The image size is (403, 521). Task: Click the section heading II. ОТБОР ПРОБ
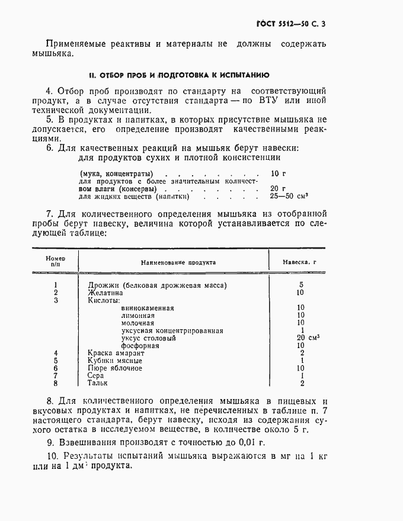179,75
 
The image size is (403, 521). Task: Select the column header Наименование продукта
178,262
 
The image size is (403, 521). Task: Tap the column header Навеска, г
301,262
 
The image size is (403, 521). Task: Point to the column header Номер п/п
55,262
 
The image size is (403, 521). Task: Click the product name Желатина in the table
105,292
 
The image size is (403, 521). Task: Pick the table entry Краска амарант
116,353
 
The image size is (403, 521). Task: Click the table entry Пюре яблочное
114,368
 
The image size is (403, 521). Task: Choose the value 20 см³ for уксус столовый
308,337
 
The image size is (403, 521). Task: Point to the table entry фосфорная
140,345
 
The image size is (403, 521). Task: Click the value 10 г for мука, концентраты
277,173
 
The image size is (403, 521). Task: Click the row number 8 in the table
55,383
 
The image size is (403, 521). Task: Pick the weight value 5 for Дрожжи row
301,285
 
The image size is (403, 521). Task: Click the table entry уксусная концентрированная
172,330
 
